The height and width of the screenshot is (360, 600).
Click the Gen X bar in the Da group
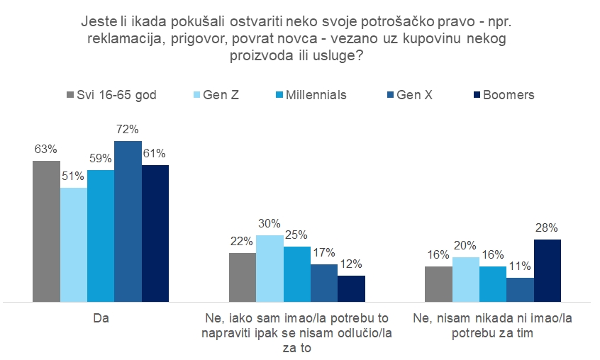(x=128, y=221)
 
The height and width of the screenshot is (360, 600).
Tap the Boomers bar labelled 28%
(x=547, y=270)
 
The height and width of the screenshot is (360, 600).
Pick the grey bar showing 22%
(x=242, y=277)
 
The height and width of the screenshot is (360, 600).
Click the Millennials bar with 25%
(x=297, y=274)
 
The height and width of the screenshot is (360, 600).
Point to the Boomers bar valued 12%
(x=351, y=288)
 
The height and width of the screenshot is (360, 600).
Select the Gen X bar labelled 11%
(x=520, y=289)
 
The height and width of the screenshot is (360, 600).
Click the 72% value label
(x=128, y=130)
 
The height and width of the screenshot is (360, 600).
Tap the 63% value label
(x=45, y=150)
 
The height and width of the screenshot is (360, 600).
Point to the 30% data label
(x=270, y=224)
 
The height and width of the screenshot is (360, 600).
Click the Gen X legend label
(x=414, y=95)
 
